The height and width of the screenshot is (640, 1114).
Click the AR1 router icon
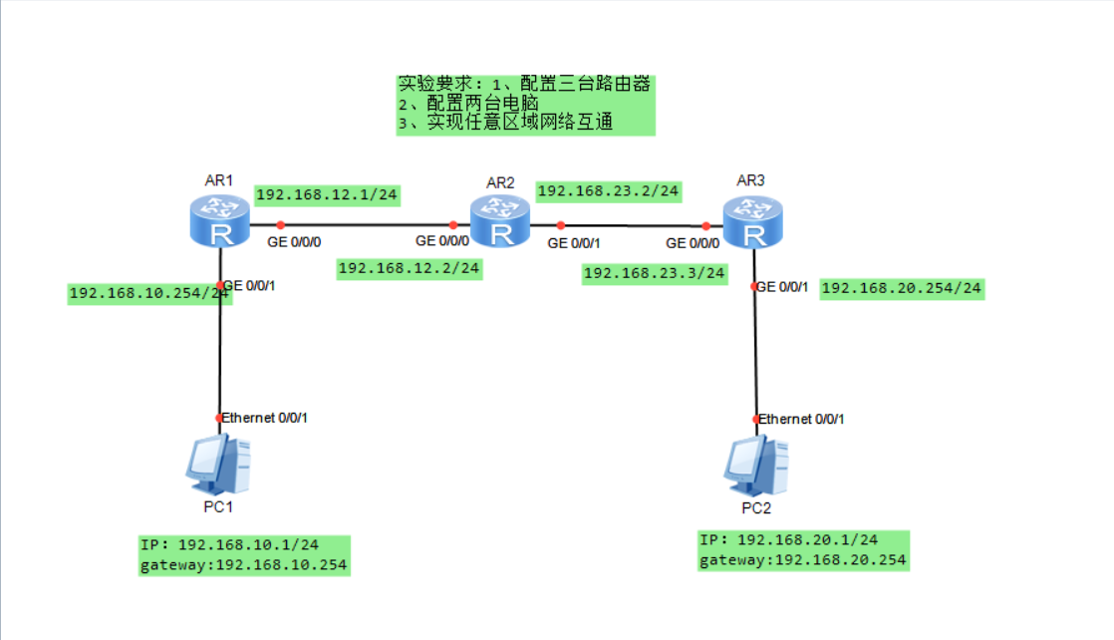pyautogui.click(x=219, y=221)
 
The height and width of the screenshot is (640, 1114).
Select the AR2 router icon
pyautogui.click(x=500, y=221)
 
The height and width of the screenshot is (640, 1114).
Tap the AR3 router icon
pyautogui.click(x=753, y=221)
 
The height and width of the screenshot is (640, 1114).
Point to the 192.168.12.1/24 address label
pyautogui.click(x=328, y=194)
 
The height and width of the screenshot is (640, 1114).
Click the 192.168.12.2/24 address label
pyautogui.click(x=410, y=268)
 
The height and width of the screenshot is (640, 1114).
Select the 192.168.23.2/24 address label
pyautogui.click(x=609, y=190)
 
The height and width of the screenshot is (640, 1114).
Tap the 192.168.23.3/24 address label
pyautogui.click(x=655, y=273)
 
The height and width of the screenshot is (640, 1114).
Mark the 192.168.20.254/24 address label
pyautogui.click(x=902, y=288)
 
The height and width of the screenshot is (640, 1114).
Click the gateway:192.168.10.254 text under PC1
pyautogui.click(x=245, y=565)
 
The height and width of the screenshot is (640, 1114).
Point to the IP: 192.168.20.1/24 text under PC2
pyautogui.click(x=788, y=539)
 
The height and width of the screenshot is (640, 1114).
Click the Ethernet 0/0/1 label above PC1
pyautogui.click(x=265, y=417)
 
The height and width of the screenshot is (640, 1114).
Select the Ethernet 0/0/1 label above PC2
pyautogui.click(x=802, y=419)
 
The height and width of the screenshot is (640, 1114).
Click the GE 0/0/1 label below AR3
pyautogui.click(x=782, y=287)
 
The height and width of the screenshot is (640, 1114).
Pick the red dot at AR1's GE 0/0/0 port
pyautogui.click(x=281, y=224)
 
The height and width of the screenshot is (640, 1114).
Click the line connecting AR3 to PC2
pyautogui.click(x=754, y=349)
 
